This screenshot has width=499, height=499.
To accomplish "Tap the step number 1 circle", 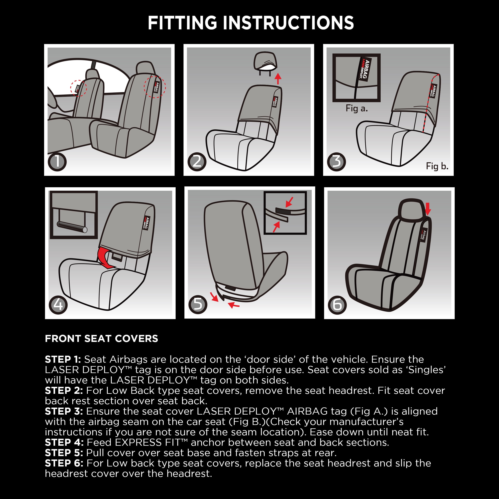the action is [x=57, y=162].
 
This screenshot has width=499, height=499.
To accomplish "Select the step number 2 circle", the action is [x=197, y=162].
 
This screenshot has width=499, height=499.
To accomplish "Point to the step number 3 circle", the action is [x=336, y=162].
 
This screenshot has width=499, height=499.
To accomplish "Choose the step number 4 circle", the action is [x=58, y=305].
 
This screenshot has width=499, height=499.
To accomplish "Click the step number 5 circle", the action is [x=198, y=305].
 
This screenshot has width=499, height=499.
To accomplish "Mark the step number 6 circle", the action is [x=337, y=305].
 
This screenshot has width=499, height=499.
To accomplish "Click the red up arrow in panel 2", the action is [x=278, y=78].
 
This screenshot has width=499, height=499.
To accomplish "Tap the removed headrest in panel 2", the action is [x=265, y=63].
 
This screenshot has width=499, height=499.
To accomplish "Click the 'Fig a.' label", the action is [x=356, y=108].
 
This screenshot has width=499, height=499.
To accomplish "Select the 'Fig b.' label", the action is [x=437, y=166].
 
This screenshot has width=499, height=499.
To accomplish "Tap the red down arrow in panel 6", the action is [x=428, y=209].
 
